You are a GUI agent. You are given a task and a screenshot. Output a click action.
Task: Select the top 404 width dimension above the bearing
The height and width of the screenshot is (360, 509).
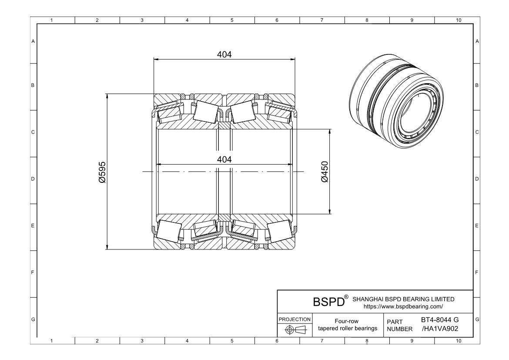pos(224,54)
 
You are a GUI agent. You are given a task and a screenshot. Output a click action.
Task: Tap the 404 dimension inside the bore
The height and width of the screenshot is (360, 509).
pos(224,159)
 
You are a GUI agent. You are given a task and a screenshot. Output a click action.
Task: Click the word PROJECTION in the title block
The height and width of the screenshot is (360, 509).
pos(294,320)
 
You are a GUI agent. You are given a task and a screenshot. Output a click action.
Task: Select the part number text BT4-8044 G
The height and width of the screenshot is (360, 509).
pos(440,320)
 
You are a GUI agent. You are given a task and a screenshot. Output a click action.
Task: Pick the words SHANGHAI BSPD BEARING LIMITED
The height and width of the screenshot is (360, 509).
pos(403,299)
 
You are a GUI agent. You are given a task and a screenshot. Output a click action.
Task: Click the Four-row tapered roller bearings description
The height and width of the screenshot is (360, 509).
pos(348,325)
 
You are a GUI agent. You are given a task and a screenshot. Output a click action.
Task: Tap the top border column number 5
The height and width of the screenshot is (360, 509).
pos(231,20)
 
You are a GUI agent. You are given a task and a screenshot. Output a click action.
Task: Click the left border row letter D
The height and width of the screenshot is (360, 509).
pos(33,179)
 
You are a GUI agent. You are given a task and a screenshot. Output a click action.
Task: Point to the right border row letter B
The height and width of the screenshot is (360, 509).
pos(477,85)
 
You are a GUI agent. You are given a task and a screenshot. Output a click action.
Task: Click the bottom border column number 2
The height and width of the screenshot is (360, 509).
pos(97,341)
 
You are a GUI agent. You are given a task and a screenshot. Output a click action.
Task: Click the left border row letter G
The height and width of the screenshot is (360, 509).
pos(33,320)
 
